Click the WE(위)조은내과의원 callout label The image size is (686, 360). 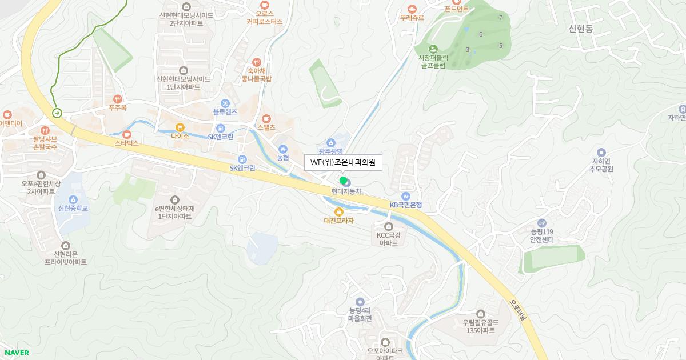(x=342, y=162)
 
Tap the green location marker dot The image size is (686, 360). (x=343, y=181)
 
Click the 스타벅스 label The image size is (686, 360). (x=127, y=142)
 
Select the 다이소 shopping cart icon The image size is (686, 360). (x=180, y=127)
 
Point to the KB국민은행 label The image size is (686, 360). (x=406, y=205)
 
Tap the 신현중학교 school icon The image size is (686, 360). (x=73, y=199)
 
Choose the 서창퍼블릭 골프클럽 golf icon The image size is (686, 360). (x=433, y=49)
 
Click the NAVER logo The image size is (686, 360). (x=16, y=352)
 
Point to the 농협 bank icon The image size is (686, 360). (x=282, y=149)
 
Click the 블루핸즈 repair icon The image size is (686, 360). (x=225, y=103)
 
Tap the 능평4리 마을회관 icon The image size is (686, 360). (x=360, y=302)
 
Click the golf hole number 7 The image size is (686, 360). (x=501, y=18)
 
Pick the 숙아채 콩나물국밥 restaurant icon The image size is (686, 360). (x=257, y=62)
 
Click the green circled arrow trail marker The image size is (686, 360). (x=58, y=113)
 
